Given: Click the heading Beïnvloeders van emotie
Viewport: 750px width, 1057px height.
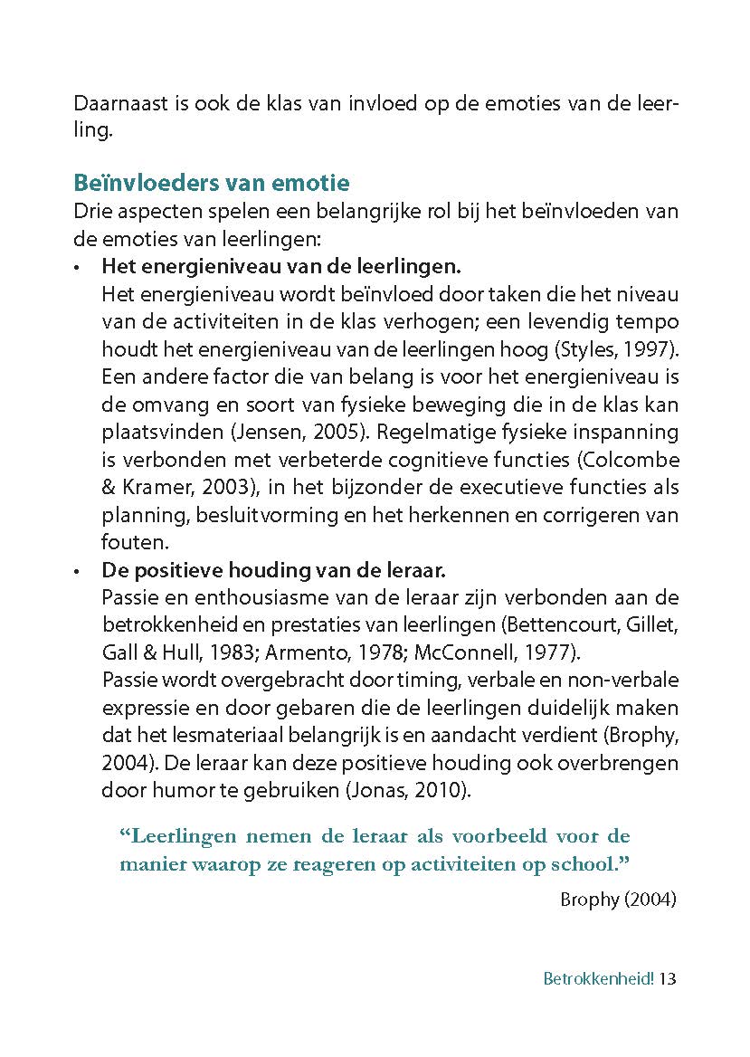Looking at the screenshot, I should pos(211,184).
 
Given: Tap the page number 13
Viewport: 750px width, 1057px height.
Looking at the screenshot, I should pos(669,979).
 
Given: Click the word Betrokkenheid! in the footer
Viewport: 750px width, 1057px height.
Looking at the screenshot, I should pos(598,979).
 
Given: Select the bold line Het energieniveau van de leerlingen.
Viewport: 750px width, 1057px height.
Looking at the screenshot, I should pos(281,267).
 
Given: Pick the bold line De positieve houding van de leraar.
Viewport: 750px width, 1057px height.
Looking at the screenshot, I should pos(275,572).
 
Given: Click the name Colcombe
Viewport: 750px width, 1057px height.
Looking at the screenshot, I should pos(633,461).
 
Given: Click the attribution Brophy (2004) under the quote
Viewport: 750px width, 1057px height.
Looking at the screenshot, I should pos(618,900).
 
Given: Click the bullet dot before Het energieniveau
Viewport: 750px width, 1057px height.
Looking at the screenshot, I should pos(78,269).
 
